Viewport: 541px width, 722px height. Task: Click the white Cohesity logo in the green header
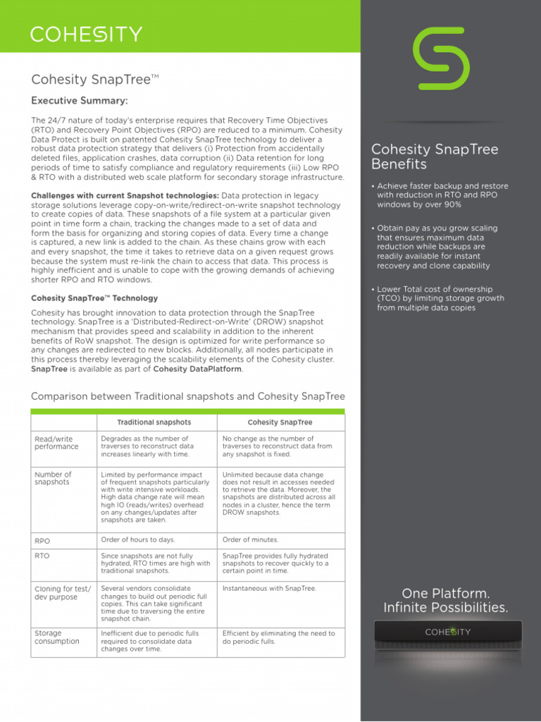tap(86, 34)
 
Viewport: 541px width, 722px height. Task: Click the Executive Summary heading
tap(80, 101)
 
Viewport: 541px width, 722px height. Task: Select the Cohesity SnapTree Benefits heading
tap(435, 157)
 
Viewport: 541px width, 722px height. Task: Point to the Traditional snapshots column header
tap(154, 422)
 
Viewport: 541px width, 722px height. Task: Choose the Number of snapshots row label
tap(53, 478)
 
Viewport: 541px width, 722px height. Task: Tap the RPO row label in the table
tap(42, 541)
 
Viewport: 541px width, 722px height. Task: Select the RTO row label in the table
tap(42, 556)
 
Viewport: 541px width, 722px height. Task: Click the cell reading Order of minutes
tap(250, 540)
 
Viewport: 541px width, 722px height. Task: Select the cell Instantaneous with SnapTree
tap(269, 588)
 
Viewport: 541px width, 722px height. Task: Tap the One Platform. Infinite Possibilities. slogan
tap(445, 600)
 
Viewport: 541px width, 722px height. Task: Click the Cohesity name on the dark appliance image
tap(448, 632)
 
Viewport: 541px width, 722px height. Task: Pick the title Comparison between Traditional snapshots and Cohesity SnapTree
tap(188, 396)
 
